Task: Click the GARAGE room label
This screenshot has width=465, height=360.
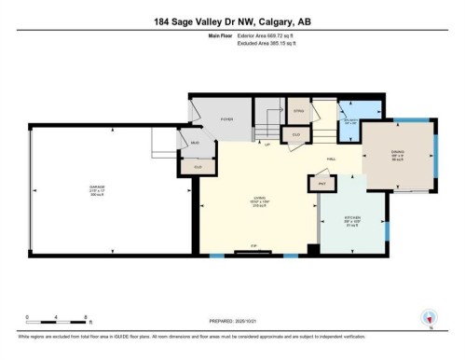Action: point(97,188)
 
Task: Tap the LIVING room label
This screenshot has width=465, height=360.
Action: point(249,198)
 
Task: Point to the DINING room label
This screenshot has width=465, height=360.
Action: point(398,156)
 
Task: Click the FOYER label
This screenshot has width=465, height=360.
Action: point(226,120)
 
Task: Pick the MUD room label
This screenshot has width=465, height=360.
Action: point(195,143)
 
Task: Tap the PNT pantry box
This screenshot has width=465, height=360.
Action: point(321,184)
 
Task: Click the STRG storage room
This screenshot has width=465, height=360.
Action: point(299,111)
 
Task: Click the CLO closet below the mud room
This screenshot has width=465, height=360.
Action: point(198,166)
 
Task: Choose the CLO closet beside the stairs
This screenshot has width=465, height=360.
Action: point(296,134)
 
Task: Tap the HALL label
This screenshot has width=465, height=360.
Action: point(331,159)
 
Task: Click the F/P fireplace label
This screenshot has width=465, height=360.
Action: point(250,248)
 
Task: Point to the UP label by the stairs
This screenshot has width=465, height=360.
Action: point(268,145)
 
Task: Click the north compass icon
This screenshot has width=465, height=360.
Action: point(428,318)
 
